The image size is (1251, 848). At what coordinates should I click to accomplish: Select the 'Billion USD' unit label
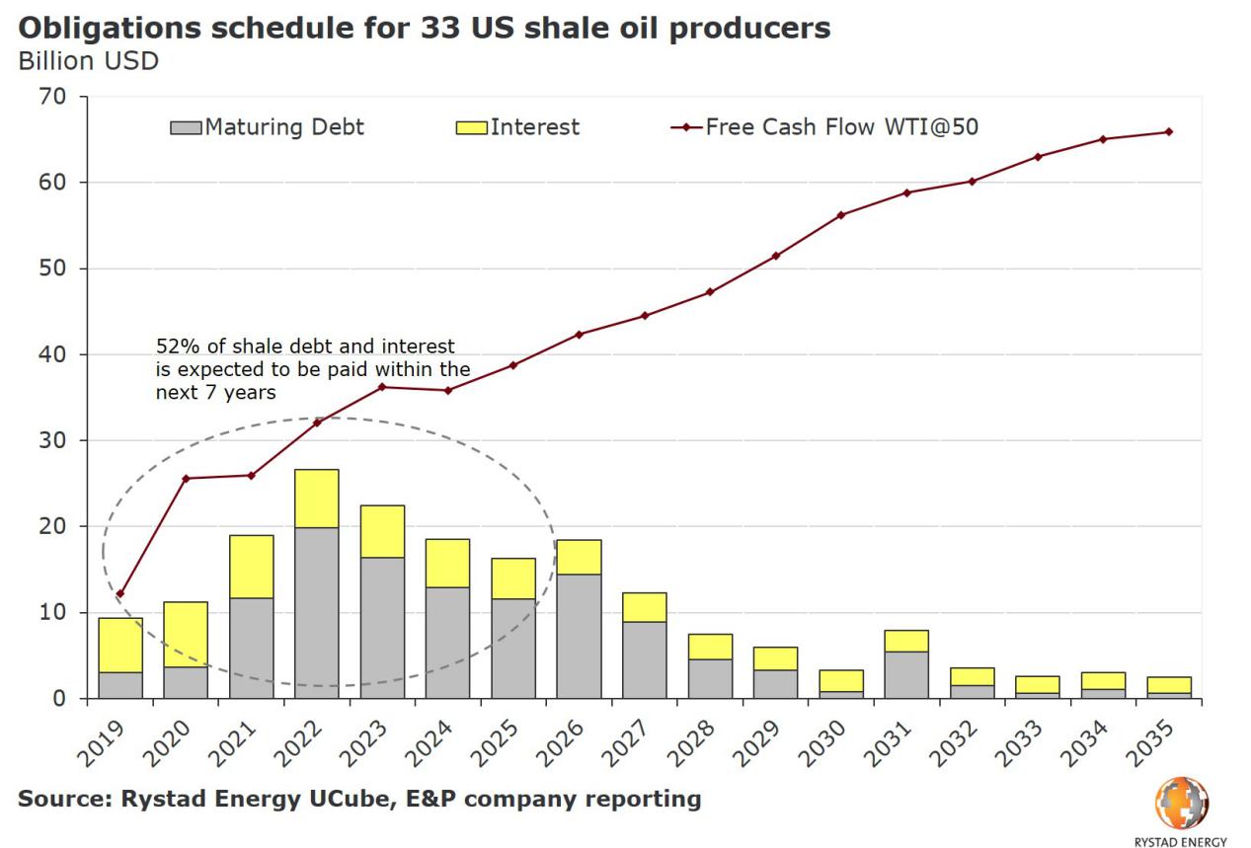pyautogui.click(x=87, y=61)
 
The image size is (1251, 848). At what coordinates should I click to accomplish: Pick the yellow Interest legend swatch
pyautogui.click(x=471, y=127)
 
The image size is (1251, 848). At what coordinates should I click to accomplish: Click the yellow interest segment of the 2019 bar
pyautogui.click(x=120, y=645)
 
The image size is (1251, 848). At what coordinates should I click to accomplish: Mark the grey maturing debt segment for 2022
pyautogui.click(x=316, y=612)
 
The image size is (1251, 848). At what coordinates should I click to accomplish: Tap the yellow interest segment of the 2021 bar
pyautogui.click(x=251, y=567)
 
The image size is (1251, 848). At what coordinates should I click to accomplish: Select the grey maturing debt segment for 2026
pyautogui.click(x=579, y=636)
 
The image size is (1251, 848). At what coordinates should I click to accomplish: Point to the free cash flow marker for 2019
pyautogui.click(x=120, y=594)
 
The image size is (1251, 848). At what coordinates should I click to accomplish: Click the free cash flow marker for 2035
pyautogui.click(x=1169, y=131)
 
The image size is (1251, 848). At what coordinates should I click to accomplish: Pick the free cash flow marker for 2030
pyautogui.click(x=841, y=215)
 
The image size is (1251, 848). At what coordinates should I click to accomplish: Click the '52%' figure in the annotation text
pyautogui.click(x=174, y=347)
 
